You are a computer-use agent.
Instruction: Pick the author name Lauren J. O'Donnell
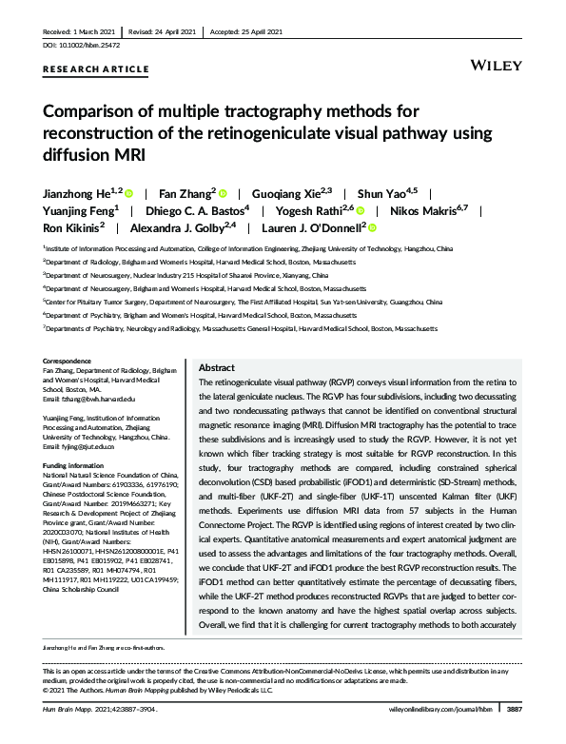pyautogui.click(x=313, y=228)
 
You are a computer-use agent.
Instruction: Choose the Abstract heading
pyautogui.click(x=216, y=367)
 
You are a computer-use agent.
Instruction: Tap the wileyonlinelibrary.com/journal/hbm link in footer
pyautogui.click(x=443, y=735)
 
